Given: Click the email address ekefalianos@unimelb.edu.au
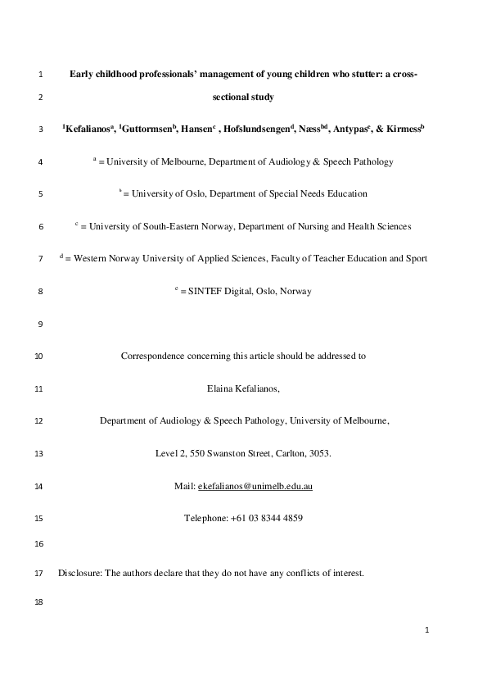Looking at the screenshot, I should (255, 486).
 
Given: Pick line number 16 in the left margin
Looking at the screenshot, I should (39, 544).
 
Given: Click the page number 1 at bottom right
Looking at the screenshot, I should (427, 630).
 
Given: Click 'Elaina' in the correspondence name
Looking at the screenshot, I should (223, 388).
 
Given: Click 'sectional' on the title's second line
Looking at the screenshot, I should (232, 98).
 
